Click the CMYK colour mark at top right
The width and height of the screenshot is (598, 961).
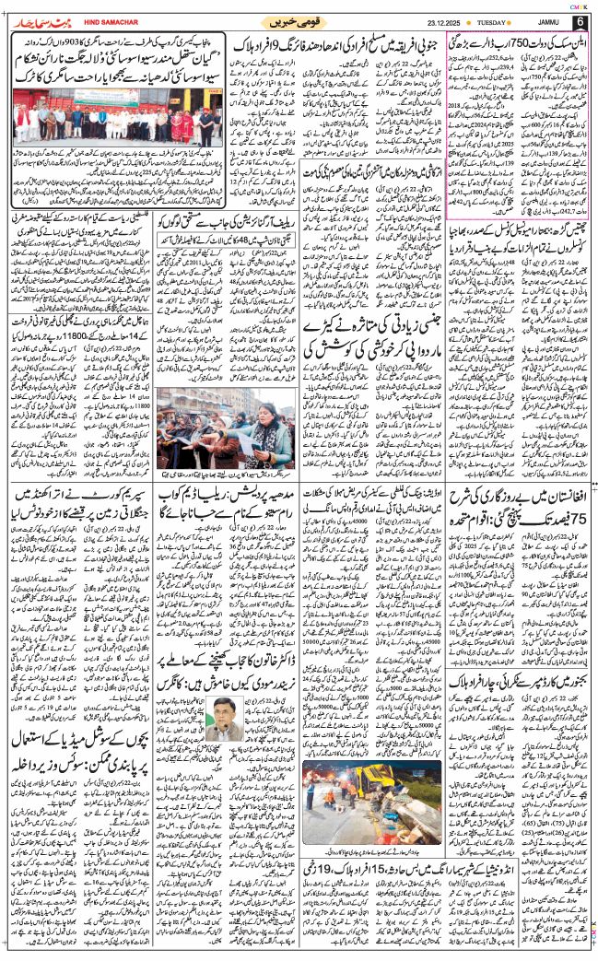[584, 3]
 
